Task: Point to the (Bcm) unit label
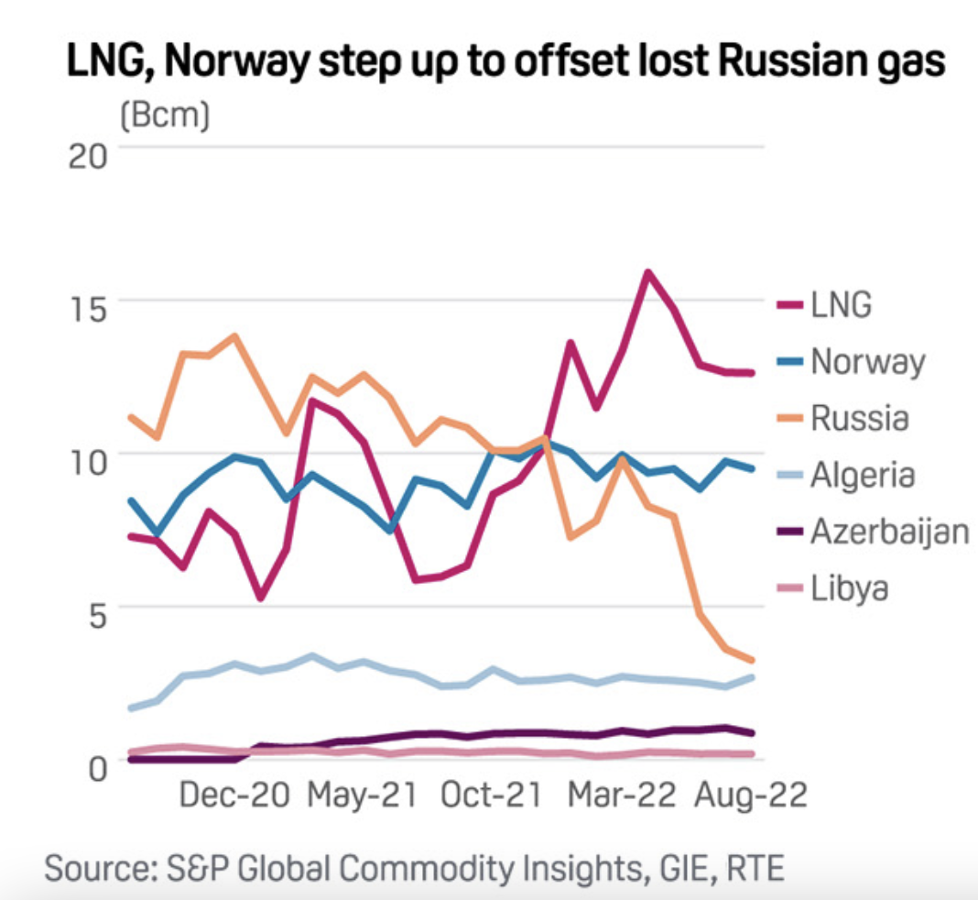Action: coord(164,115)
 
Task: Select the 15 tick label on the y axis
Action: coord(89,305)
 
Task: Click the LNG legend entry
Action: coord(841,305)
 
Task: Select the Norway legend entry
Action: coord(867,362)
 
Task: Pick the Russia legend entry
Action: coord(859,419)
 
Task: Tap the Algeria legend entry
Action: coord(863,475)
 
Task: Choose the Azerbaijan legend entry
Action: coord(888,532)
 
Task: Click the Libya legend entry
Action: coord(850,587)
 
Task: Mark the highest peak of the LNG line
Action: coord(648,272)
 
